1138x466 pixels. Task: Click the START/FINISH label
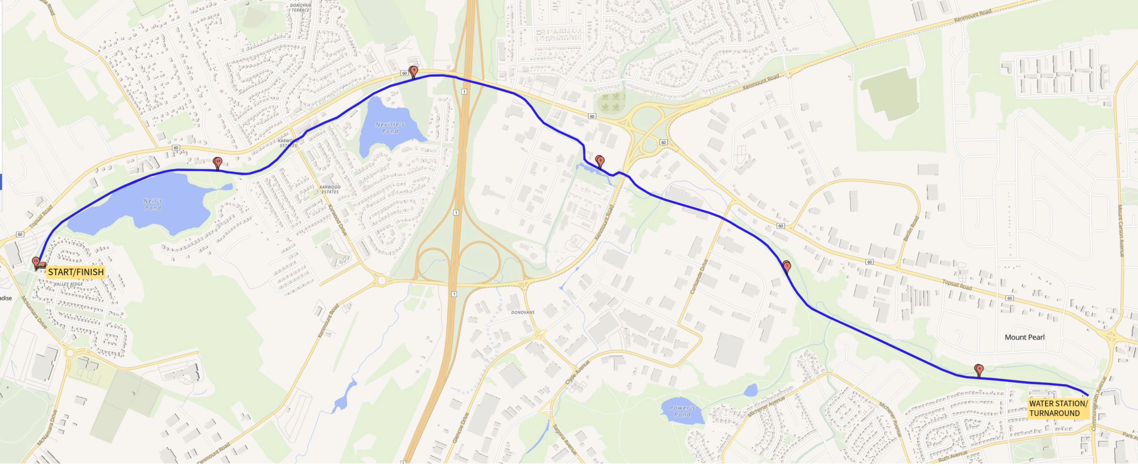coord(76,272)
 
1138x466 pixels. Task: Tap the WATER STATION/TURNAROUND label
coord(1058,409)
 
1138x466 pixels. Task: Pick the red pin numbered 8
coord(599,161)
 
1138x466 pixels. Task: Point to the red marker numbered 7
coord(787,266)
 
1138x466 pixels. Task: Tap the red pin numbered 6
coord(979,370)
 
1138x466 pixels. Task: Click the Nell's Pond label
coord(152,204)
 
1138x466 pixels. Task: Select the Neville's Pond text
coord(390,128)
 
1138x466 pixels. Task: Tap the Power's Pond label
coord(682,411)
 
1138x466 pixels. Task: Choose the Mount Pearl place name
coord(1024,337)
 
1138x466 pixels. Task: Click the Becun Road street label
coord(911,229)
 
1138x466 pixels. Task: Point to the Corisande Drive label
coord(699,277)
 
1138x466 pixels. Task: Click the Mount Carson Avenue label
coord(1120,230)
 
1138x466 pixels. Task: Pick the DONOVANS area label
coord(522,312)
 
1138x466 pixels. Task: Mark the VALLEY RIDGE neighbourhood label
coord(68,284)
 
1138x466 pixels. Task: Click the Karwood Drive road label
coord(337,220)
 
